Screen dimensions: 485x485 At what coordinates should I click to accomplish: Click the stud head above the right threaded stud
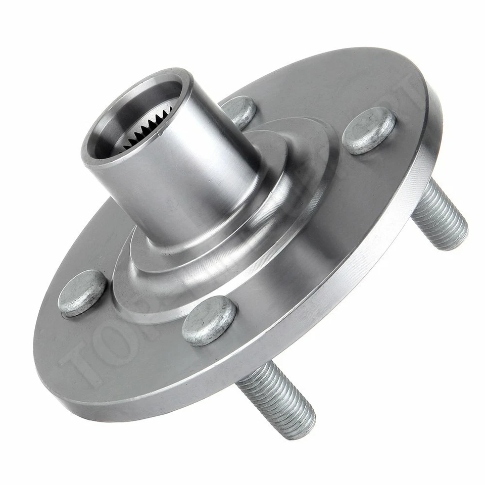click(x=369, y=130)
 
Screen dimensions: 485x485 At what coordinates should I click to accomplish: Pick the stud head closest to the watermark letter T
click(x=82, y=293)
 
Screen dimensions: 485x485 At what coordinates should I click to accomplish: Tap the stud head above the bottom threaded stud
click(x=209, y=320)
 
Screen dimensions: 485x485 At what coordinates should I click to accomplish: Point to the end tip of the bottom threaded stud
click(x=298, y=424)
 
